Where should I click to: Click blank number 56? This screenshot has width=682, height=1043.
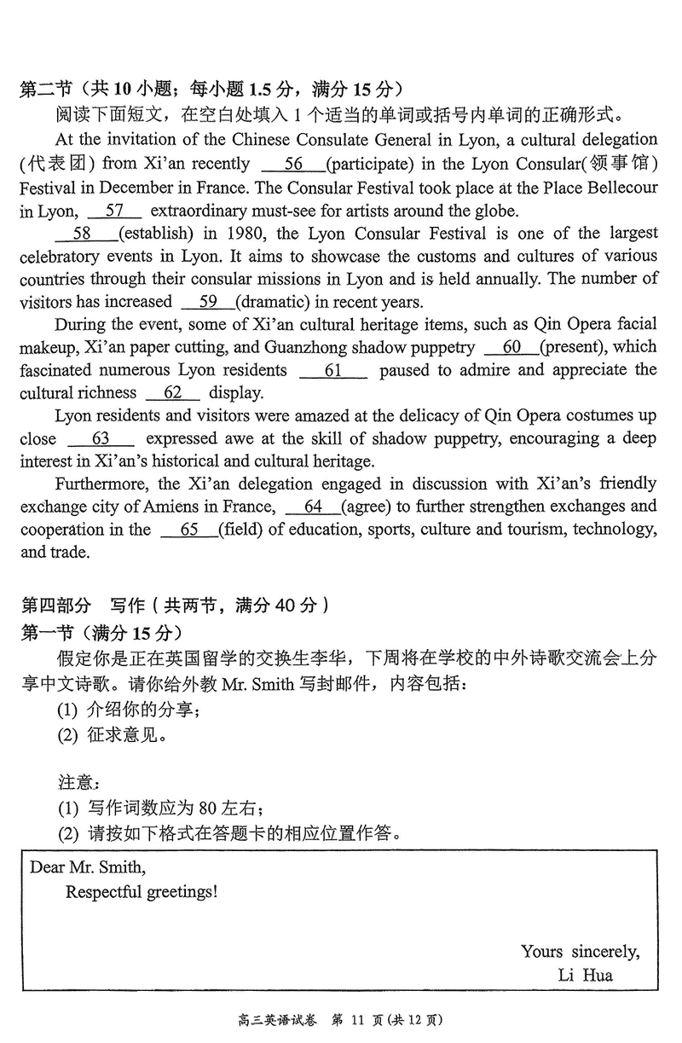coord(293,164)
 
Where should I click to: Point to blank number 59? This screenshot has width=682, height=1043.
coord(207,301)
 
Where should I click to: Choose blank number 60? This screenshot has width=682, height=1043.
coord(511,347)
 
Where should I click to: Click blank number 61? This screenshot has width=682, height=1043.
coord(333,370)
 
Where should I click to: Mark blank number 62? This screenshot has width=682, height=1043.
coord(173,393)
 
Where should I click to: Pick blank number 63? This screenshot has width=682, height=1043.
coord(100,439)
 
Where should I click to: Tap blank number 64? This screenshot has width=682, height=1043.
coord(312,507)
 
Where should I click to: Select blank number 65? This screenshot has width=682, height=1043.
coord(188,530)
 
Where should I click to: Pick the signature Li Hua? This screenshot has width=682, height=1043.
coord(586,975)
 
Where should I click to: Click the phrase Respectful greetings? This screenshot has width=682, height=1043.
coord(142,892)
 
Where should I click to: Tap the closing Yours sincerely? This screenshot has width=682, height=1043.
coord(581,952)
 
